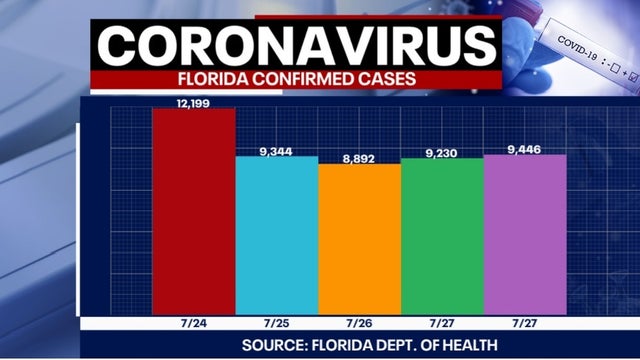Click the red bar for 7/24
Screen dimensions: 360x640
(193, 210)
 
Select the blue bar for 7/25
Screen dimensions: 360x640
(276, 235)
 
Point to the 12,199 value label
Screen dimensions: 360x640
(194, 102)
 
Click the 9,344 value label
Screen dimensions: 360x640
(276, 151)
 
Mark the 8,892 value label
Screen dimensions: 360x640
(359, 158)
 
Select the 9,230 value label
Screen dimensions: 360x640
(441, 152)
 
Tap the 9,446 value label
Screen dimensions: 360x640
(524, 149)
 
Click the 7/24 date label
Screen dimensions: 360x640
(193, 323)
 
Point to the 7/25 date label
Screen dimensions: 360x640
(276, 323)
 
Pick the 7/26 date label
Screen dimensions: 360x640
(359, 323)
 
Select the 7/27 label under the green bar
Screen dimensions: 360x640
(441, 323)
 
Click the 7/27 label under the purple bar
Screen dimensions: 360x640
(524, 323)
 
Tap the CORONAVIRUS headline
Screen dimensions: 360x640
(298, 47)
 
